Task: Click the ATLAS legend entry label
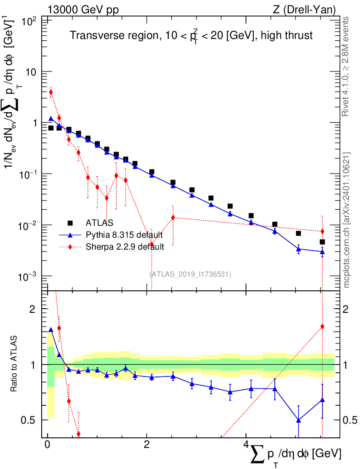coord(99,223)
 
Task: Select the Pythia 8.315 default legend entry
coord(124,235)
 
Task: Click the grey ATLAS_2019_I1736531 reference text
coord(190,274)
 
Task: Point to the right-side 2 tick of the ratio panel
coord(346,309)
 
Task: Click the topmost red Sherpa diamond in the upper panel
coord(51,92)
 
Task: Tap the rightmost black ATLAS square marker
coord(322,242)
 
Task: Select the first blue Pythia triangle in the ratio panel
coord(51,329)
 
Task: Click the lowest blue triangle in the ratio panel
coord(299,420)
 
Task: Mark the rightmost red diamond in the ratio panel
coord(322,327)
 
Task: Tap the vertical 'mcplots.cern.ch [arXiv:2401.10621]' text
coord(347,220)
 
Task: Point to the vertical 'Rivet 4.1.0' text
coord(347,66)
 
